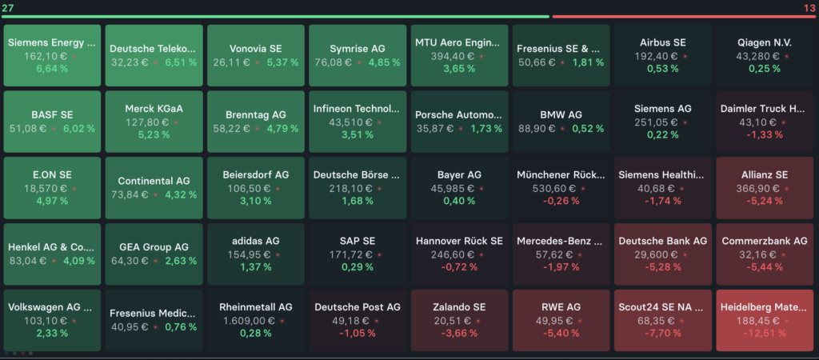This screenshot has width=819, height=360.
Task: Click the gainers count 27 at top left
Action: pyautogui.click(x=9, y=7)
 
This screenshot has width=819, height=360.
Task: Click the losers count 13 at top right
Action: pyautogui.click(x=809, y=7)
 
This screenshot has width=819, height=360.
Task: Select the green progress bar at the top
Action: pyautogui.click(x=276, y=16)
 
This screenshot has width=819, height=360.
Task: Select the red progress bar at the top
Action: pyautogui.click(x=684, y=16)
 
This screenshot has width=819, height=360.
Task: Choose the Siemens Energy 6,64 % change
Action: pyautogui.click(x=52, y=69)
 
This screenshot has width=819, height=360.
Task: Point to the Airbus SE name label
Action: pyautogui.click(x=663, y=42)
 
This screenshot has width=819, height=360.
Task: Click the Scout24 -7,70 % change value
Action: pyautogui.click(x=663, y=334)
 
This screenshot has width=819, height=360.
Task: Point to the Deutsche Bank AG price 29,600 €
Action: pyautogui.click(x=659, y=254)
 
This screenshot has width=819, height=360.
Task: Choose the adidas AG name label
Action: pyautogui.click(x=256, y=241)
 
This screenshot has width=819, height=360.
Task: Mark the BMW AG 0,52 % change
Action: pyautogui.click(x=588, y=128)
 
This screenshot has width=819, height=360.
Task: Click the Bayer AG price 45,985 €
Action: pyautogui.click(x=455, y=188)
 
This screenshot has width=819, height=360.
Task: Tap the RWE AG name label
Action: pyautogui.click(x=561, y=307)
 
